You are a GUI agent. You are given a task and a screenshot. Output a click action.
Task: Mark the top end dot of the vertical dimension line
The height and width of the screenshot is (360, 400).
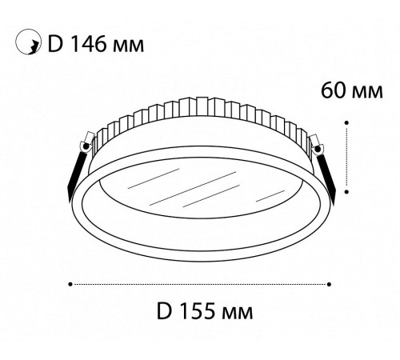pos(346,122)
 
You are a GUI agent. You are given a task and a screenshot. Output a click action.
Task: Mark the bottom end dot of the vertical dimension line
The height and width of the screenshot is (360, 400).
pos(346,192)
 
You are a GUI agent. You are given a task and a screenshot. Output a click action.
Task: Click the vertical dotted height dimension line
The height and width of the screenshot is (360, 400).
pos(346,158)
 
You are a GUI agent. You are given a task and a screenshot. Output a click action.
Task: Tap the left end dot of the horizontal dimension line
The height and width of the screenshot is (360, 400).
pos(71,283)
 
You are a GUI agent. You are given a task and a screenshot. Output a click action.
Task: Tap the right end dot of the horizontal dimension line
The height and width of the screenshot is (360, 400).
pos(330,283)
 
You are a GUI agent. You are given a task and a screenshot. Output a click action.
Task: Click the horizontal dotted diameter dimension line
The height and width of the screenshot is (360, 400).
pos(200,283)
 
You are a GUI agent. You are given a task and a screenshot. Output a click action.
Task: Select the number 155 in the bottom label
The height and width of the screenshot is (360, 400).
pos(202,309)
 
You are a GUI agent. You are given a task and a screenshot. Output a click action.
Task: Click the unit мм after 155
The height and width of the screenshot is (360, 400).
pos(244,309)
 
